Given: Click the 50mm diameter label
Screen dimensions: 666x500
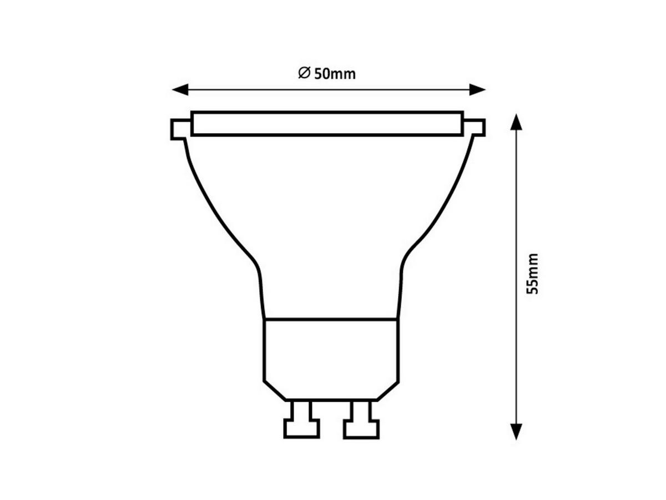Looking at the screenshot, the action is pyautogui.click(x=326, y=74).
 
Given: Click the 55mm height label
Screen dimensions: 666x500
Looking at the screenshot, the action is pyautogui.click(x=532, y=274).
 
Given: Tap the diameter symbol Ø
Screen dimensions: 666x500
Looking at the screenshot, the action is pyautogui.click(x=304, y=73).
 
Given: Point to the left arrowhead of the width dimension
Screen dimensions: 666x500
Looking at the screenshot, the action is pyautogui.click(x=180, y=89).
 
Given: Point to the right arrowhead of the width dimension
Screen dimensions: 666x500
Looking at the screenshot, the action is pyautogui.click(x=477, y=89).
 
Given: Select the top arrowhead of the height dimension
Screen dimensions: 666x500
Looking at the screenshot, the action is pyautogui.click(x=516, y=122).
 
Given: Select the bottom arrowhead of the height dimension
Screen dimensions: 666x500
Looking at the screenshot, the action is pyautogui.click(x=516, y=432).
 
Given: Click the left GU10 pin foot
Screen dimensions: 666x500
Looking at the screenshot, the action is pyautogui.click(x=301, y=428).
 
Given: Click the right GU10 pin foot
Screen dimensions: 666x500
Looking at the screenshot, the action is pyautogui.click(x=361, y=428).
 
